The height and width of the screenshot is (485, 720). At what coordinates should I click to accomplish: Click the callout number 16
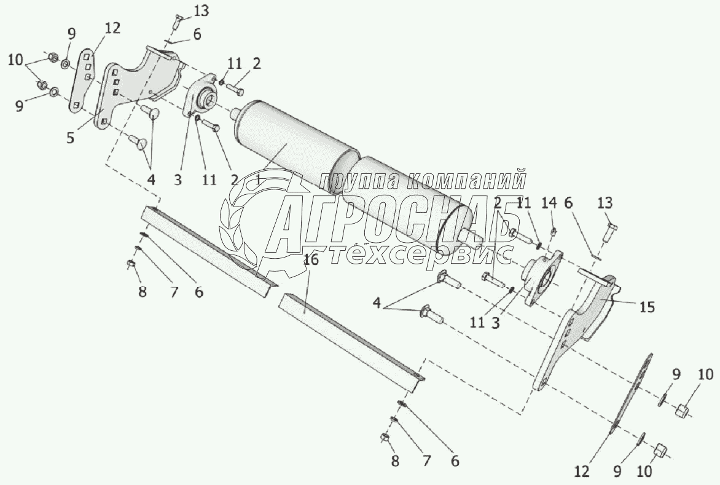click(311, 260)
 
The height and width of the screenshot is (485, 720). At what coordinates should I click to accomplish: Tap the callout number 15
click(647, 306)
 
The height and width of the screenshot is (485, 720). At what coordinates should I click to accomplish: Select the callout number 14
click(549, 203)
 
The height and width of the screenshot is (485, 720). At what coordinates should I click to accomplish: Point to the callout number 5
click(71, 138)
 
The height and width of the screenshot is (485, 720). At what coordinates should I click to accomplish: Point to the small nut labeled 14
click(552, 232)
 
